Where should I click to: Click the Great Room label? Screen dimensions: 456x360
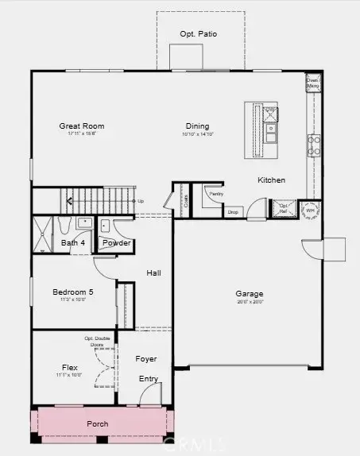82,126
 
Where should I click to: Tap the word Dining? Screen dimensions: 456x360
197,126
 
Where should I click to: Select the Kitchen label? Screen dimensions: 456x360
271,180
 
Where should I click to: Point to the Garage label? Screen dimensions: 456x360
250,293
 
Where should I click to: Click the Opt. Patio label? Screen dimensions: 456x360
199,34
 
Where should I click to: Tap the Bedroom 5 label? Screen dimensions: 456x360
73,292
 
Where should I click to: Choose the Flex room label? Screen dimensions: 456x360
70,367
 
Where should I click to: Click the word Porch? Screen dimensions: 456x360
98,423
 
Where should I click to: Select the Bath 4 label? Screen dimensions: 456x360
73,243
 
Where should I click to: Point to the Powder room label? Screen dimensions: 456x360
117,243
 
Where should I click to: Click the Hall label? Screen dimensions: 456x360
153,272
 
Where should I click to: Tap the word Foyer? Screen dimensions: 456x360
145,359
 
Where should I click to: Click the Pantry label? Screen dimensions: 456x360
214,193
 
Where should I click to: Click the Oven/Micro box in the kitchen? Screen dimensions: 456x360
313,83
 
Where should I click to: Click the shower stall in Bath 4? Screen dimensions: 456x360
45,233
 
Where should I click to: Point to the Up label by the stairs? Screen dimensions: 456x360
141,201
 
